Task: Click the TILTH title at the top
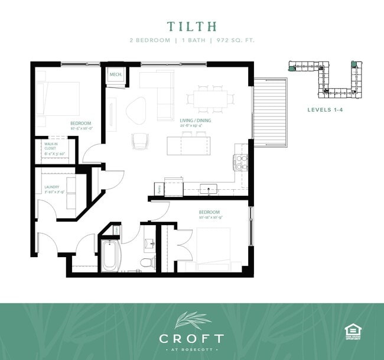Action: pyautogui.click(x=192, y=27)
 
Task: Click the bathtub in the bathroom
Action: pyautogui.click(x=110, y=255)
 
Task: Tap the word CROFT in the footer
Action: pyautogui.click(x=191, y=338)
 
